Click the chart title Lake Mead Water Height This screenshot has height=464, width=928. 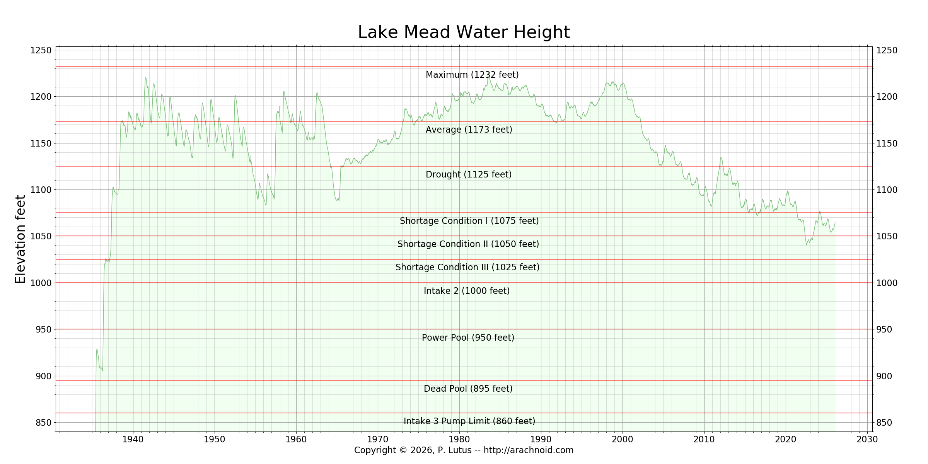tap(464, 32)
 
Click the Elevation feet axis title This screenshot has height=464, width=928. tap(20, 239)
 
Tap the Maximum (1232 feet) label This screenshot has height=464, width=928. tap(472, 75)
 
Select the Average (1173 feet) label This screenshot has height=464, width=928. tap(469, 130)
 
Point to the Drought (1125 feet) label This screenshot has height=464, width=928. tap(469, 174)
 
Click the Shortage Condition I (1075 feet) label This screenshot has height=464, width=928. tap(469, 221)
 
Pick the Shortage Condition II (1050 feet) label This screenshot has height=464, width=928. tap(468, 244)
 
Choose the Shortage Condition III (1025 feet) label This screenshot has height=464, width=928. tap(467, 267)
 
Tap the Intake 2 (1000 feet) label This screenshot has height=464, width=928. tap(467, 291)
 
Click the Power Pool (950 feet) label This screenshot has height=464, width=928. tap(468, 338)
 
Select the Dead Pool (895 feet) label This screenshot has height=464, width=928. tap(468, 389)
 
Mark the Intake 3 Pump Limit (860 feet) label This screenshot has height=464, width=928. tap(469, 421)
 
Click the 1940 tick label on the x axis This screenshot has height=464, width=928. tap(133, 439)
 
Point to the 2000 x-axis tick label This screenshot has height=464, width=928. tap(623, 439)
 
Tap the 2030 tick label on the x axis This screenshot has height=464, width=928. tap(867, 439)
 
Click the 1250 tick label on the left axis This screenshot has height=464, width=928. tap(41, 50)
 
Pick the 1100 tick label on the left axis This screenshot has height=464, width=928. tap(41, 190)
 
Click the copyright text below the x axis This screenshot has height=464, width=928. tap(464, 450)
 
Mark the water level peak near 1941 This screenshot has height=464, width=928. tap(146, 77)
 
